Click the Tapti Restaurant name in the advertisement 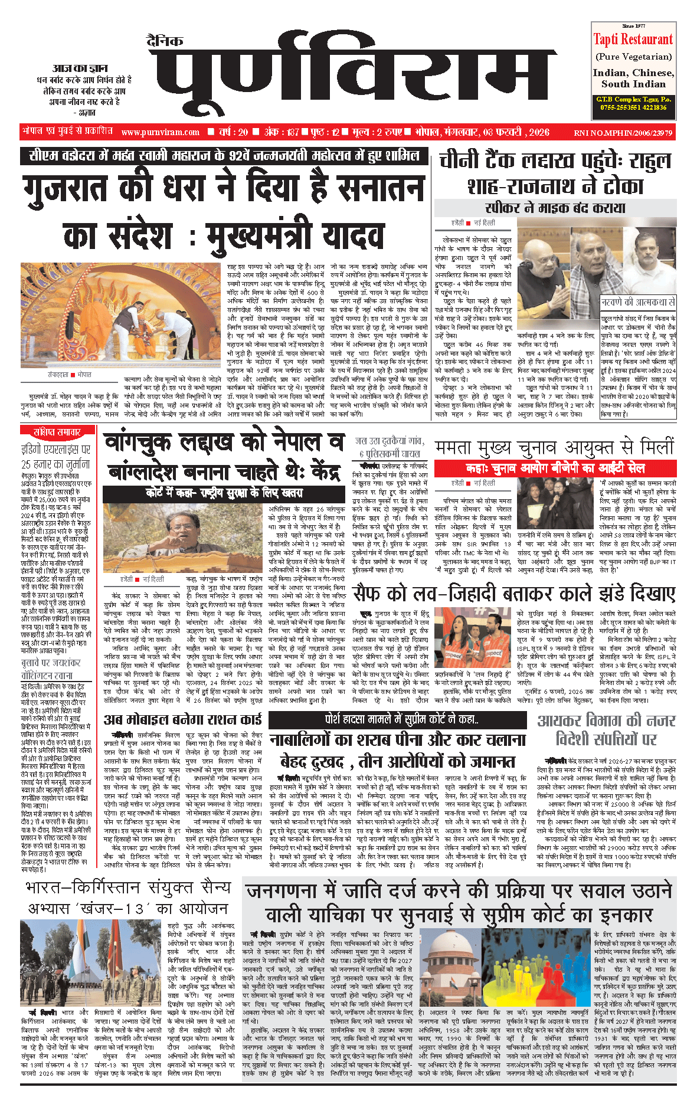click(633, 40)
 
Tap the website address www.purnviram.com click(161, 132)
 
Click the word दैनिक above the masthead click(165, 41)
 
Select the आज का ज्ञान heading click(80, 68)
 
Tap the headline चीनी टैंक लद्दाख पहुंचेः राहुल click(555, 161)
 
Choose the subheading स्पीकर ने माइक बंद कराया click(555, 208)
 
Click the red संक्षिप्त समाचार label click(57, 432)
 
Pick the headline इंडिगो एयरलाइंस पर click(56, 450)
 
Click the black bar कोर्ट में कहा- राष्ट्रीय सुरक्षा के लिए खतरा click(224, 493)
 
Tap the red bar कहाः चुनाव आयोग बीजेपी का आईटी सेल click(555, 469)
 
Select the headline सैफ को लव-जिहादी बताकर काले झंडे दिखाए click(513, 592)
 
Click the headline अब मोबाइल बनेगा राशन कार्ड click(182, 719)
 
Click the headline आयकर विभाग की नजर click(606, 721)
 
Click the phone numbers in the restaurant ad click(633, 107)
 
